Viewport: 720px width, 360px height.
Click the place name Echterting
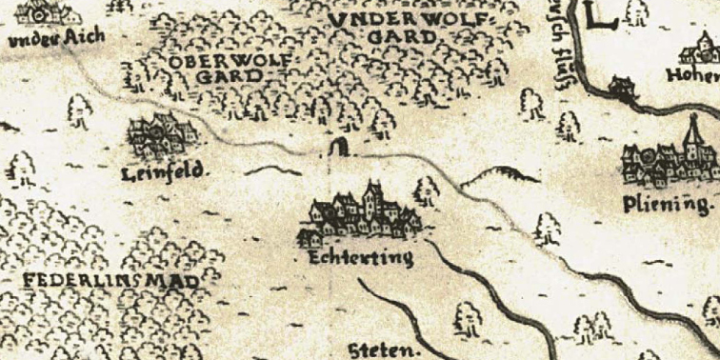361,258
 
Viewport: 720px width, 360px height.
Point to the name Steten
386,350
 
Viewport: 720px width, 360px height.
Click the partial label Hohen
697,72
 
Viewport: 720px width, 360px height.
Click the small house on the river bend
622,89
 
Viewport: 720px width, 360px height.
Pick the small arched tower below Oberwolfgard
337,148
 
